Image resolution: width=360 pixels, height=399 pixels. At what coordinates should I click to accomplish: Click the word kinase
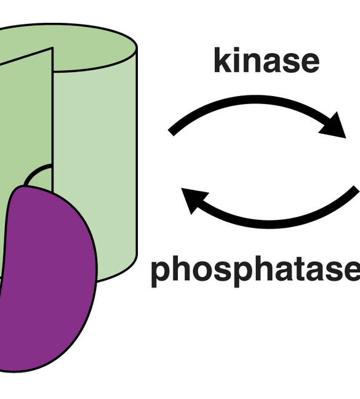tap(266, 60)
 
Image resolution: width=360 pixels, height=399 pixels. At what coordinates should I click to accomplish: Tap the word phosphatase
tap(255, 271)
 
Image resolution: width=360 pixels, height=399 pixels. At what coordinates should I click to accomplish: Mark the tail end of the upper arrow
tap(171, 133)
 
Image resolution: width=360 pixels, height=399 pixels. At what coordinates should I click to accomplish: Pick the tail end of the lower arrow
tap(357, 189)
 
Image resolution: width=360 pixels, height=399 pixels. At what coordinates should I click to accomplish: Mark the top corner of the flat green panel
tap(52, 48)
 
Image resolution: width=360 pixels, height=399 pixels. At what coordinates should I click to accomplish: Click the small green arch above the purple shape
tap(39, 175)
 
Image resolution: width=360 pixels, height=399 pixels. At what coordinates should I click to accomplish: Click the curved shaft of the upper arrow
tap(254, 100)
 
